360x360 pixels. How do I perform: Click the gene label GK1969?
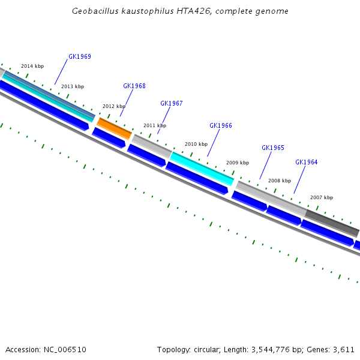pyautogui.click(x=80, y=56)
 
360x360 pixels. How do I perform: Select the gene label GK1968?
pyautogui.click(x=134, y=86)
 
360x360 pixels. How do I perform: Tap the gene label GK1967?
pyautogui.click(x=172, y=103)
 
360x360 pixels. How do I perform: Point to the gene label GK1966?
pyautogui.click(x=221, y=125)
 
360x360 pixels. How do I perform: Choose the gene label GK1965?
pyautogui.click(x=273, y=148)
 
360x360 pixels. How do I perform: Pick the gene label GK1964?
pyautogui.click(x=307, y=162)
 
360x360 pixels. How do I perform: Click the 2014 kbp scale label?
pyautogui.click(x=32, y=66)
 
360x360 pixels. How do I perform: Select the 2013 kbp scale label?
pyautogui.click(x=73, y=86)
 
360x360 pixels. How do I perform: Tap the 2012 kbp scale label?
pyautogui.click(x=114, y=106)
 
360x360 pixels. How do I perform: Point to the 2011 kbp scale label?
pyautogui.click(x=154, y=125)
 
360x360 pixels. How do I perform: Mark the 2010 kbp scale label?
pyautogui.click(x=196, y=144)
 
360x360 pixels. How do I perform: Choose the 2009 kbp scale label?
pyautogui.click(x=238, y=163)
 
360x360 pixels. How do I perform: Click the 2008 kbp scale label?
pyautogui.click(x=280, y=181)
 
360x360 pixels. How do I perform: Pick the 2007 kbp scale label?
pyautogui.click(x=322, y=197)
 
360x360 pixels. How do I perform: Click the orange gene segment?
pyautogui.click(x=114, y=128)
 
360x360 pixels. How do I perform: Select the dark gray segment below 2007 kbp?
pyautogui.click(x=332, y=223)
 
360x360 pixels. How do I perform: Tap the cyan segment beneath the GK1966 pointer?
pyautogui.click(x=202, y=167)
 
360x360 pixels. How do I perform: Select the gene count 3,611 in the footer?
pyautogui.click(x=344, y=349)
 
